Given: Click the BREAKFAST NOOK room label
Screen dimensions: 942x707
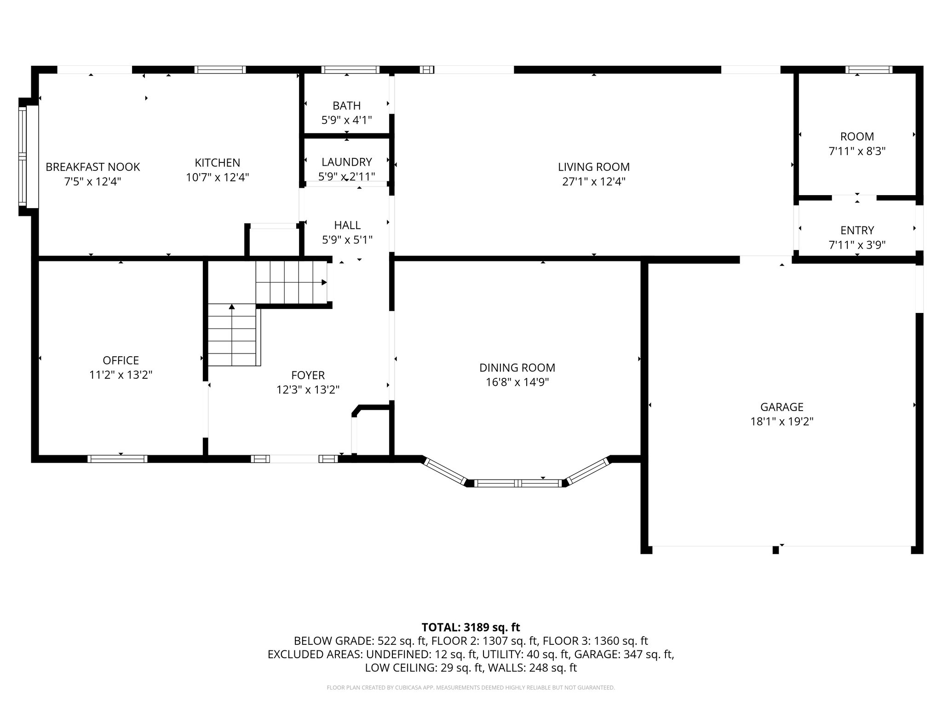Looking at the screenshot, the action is coord(93,167).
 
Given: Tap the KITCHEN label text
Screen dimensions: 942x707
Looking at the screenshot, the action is coord(218,162).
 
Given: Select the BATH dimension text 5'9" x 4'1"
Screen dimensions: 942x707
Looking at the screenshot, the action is coord(346,120).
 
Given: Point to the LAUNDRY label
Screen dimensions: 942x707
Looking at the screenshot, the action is coord(347,162).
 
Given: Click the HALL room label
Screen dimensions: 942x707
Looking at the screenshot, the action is coord(347,225).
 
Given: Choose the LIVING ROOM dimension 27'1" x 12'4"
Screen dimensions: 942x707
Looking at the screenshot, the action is coord(594,181).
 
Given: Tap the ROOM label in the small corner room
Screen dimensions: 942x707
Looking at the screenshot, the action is coord(857,136).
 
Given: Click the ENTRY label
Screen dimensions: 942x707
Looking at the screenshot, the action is coord(857,230).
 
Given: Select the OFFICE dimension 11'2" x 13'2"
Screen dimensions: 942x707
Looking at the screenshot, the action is coord(121,375).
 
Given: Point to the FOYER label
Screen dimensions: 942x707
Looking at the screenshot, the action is coord(308,375).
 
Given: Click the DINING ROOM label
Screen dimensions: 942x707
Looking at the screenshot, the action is coord(517,368).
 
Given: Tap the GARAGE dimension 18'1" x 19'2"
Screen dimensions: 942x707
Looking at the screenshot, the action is coord(782,422).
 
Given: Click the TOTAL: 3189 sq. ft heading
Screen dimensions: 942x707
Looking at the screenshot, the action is coord(471,627).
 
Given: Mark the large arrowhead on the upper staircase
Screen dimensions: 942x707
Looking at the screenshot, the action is coord(324,282).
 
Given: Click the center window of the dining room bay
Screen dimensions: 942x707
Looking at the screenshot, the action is coord(518,483).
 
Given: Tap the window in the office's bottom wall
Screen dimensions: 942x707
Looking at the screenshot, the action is coord(118,459).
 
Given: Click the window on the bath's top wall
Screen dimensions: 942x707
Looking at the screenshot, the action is coord(351,70).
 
